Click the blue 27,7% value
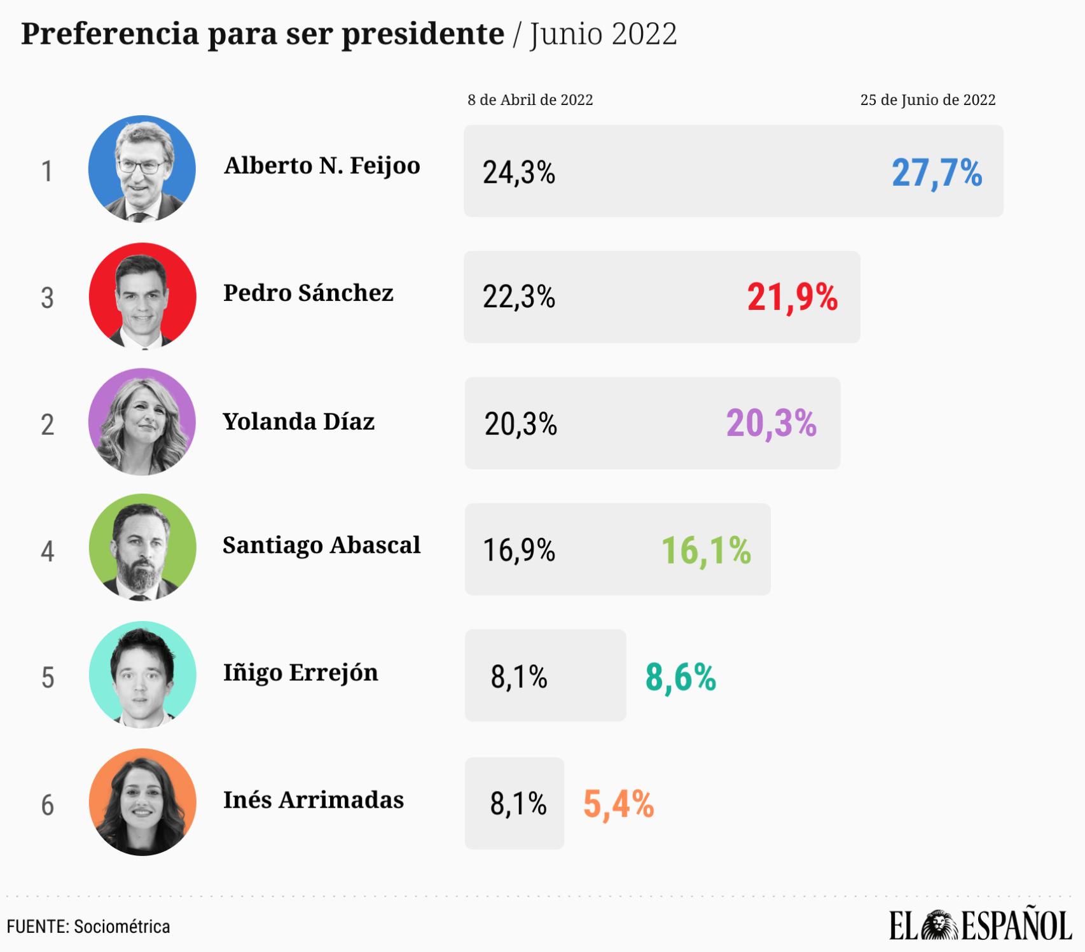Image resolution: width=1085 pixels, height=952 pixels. (x=936, y=173)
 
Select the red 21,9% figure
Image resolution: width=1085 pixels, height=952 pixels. (x=792, y=297)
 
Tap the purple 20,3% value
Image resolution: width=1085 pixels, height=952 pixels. (x=771, y=423)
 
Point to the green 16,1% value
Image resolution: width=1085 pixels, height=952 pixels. (x=706, y=550)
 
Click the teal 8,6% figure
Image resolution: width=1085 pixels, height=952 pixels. (x=681, y=677)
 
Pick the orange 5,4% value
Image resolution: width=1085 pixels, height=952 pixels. (x=618, y=804)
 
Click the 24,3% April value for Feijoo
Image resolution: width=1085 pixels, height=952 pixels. (x=518, y=172)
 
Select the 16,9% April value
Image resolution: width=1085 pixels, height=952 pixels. (x=518, y=550)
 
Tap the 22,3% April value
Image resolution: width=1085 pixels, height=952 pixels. (x=518, y=297)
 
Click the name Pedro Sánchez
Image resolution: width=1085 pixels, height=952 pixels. (x=308, y=293)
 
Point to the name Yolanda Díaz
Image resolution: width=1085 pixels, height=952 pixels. (x=298, y=421)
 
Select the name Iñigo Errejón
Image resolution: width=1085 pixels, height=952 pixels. (x=300, y=673)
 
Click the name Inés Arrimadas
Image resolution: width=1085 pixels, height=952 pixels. (x=313, y=800)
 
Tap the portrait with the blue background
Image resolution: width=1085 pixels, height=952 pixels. (x=142, y=169)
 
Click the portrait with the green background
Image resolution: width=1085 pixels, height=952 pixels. (x=142, y=547)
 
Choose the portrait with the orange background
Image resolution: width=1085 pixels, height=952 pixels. (x=142, y=802)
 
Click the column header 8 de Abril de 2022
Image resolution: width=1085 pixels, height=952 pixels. (x=530, y=100)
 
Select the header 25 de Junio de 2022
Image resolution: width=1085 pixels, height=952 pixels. (x=927, y=100)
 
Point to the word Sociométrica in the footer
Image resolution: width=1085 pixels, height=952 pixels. (x=121, y=927)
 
